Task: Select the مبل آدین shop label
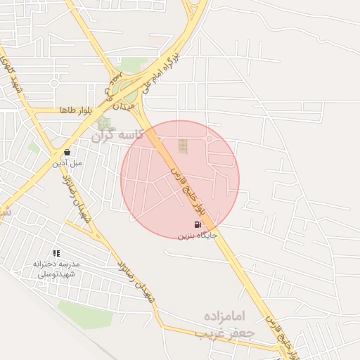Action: (x=67, y=163)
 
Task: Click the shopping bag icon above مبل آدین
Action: (x=67, y=152)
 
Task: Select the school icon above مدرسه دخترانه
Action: (x=56, y=253)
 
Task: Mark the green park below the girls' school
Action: (x=84, y=314)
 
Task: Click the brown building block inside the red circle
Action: (x=183, y=146)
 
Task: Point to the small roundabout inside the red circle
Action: (x=210, y=139)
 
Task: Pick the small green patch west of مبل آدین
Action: (x=34, y=148)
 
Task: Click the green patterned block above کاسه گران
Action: (x=104, y=123)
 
